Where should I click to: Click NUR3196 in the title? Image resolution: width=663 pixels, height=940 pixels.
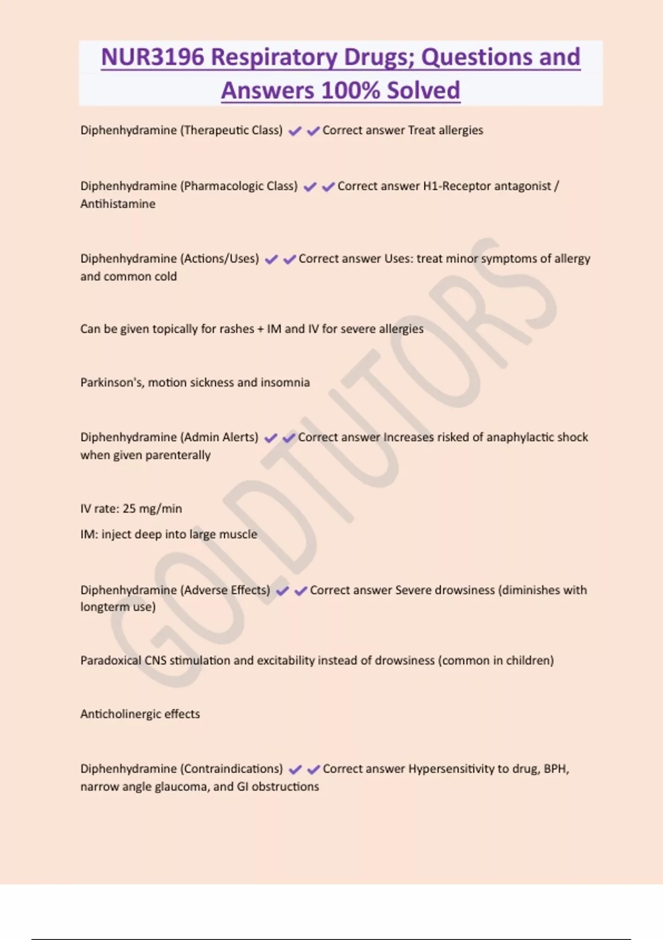pyautogui.click(x=152, y=57)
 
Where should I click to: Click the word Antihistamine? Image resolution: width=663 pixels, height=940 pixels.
pyautogui.click(x=118, y=203)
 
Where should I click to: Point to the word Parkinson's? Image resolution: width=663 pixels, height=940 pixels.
pyautogui.click(x=112, y=382)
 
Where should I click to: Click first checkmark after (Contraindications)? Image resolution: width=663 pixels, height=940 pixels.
pyautogui.click(x=296, y=769)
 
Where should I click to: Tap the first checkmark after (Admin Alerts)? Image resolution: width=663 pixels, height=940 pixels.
pyautogui.click(x=271, y=438)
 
